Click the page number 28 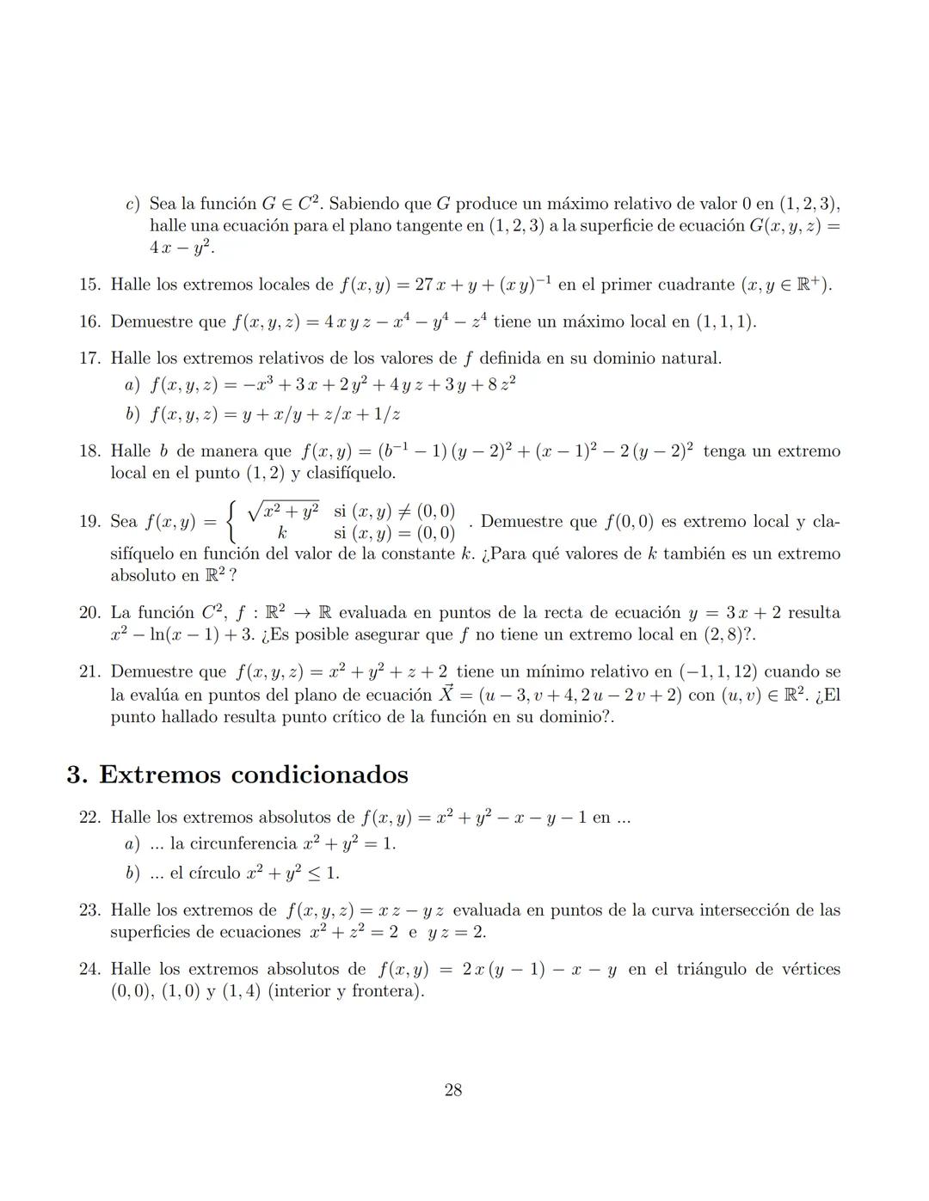(x=453, y=1090)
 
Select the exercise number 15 (x=89, y=285)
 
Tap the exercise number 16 (x=89, y=322)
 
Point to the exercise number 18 (x=89, y=451)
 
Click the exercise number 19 (x=89, y=522)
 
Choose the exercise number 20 (x=89, y=613)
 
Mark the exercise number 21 (x=89, y=671)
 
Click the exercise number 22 (x=89, y=818)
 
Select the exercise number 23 (x=89, y=910)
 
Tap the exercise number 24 (x=89, y=969)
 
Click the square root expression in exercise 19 (x=283, y=511)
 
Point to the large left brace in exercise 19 (x=231, y=521)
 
